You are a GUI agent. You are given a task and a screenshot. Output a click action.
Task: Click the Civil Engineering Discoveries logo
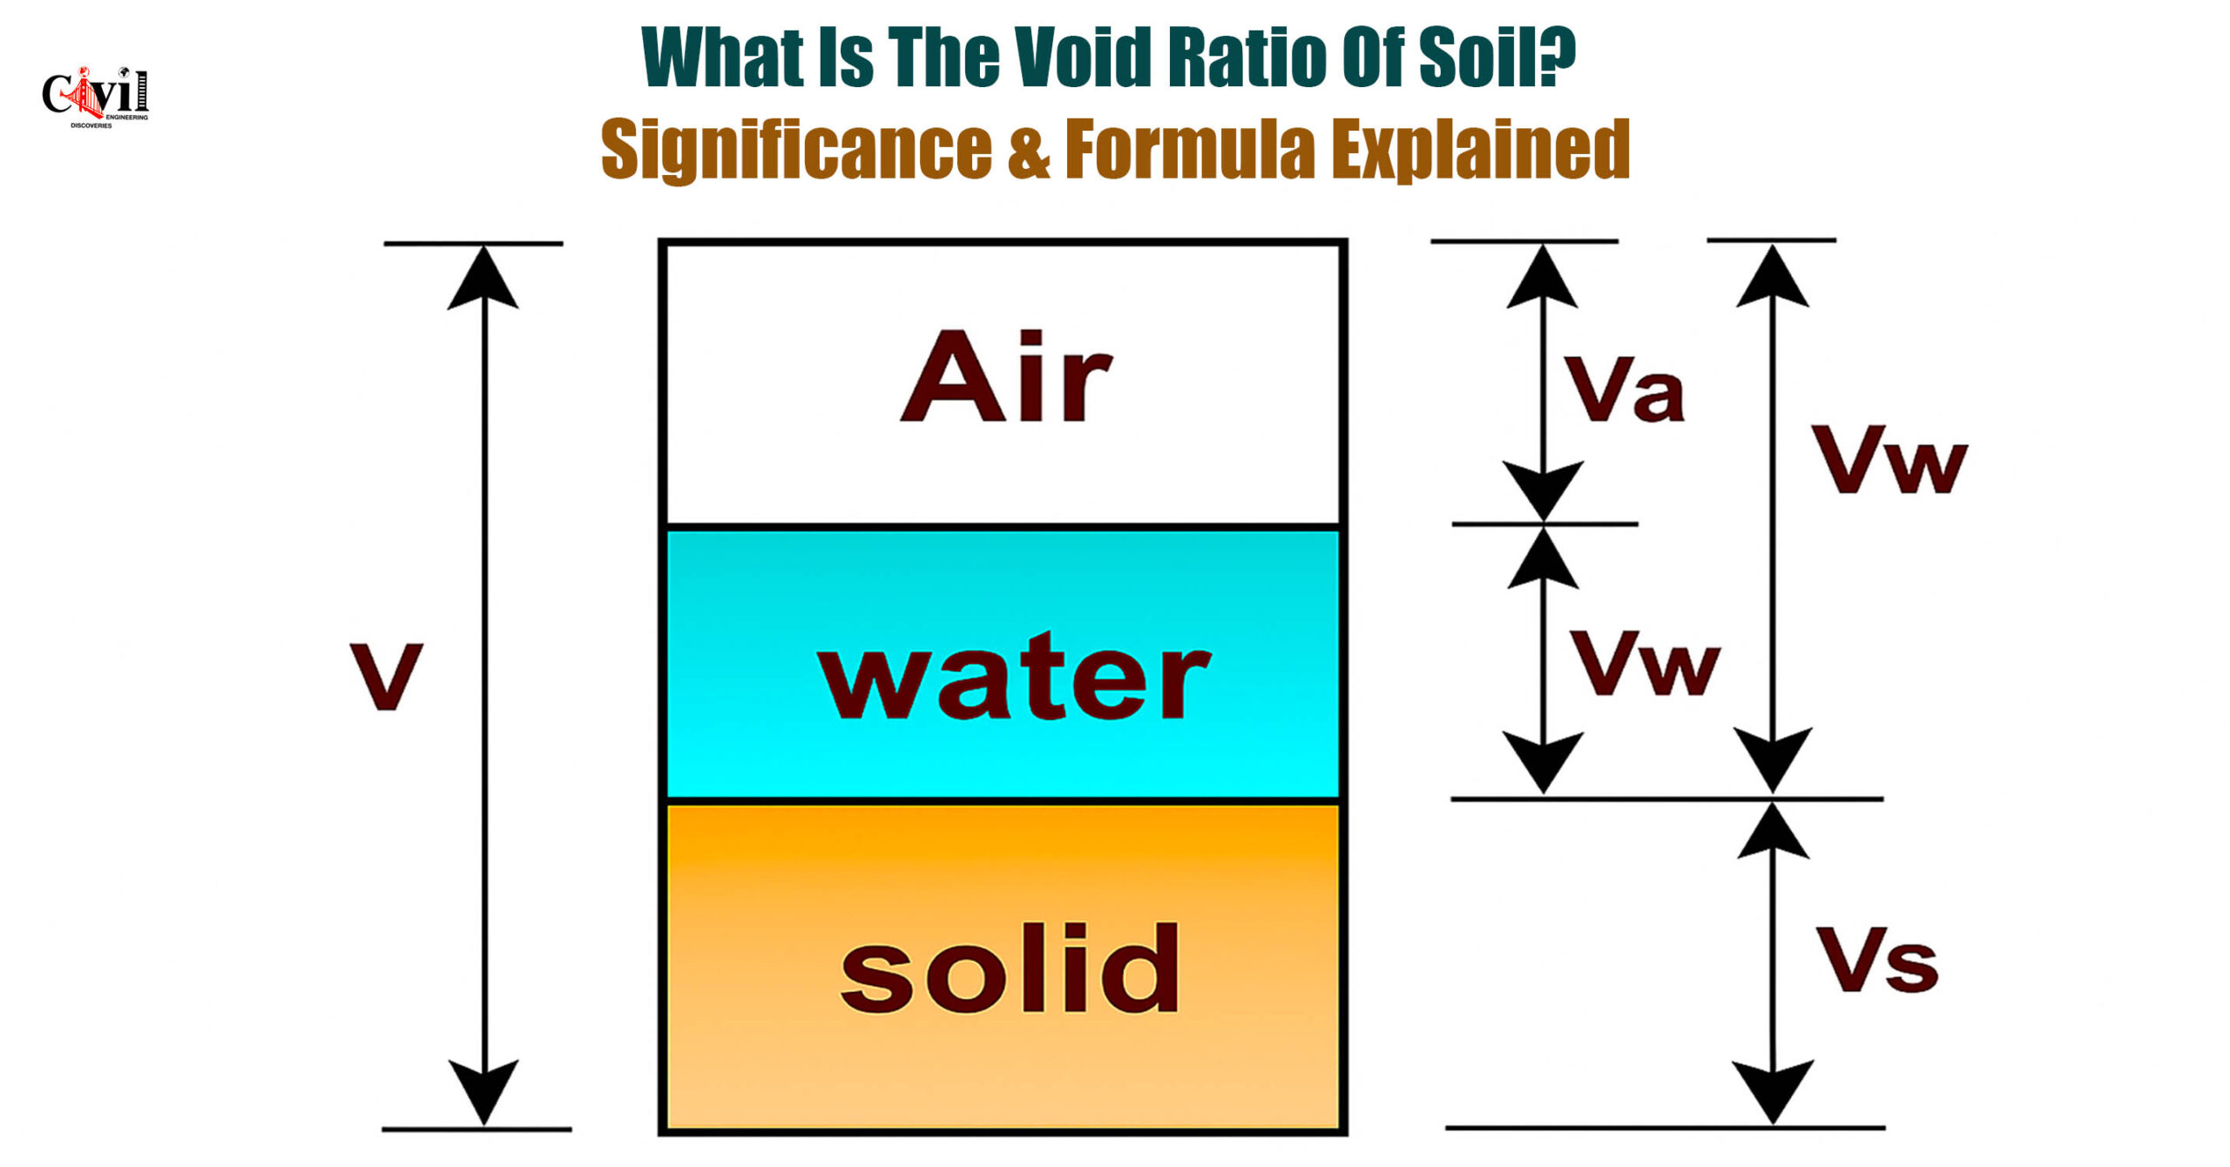95,97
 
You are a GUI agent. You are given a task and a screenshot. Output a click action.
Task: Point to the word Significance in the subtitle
796,150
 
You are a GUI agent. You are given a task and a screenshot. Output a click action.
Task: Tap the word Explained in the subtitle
1480,150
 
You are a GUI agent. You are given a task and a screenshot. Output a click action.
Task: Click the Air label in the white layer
1006,376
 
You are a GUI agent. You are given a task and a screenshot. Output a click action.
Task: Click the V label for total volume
386,676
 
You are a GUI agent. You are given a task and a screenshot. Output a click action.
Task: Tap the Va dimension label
1625,389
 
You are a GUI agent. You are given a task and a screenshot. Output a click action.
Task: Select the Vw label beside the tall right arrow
1890,460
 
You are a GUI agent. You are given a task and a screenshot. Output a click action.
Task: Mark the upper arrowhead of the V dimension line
483,277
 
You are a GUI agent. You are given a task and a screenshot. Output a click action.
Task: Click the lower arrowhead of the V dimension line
483,1092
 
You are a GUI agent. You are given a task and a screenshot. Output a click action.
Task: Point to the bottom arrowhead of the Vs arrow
1773,1092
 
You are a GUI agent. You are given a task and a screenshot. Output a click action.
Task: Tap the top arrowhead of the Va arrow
1542,275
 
